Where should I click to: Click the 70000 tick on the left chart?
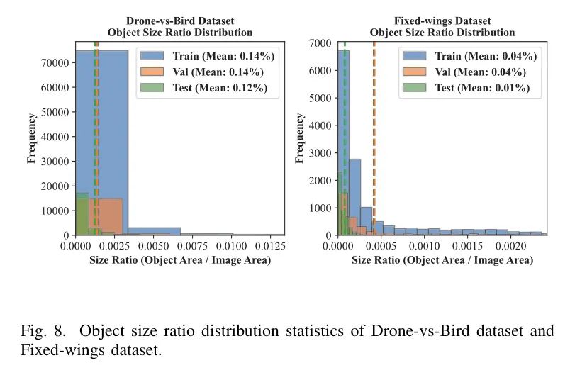[x=56, y=63]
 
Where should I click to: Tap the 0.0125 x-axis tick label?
[x=269, y=245]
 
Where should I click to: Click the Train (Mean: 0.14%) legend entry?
[x=219, y=56]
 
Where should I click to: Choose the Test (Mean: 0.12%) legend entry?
[x=219, y=88]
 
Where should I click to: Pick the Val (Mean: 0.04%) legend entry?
[x=480, y=72]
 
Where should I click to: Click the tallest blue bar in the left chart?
[x=103, y=142]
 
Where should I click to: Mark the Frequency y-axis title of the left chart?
[x=31, y=138]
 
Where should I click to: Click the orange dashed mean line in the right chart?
[x=374, y=142]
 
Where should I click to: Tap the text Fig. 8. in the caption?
[x=43, y=330]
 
